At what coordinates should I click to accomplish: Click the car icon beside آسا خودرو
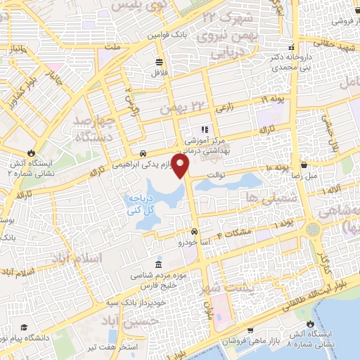195,231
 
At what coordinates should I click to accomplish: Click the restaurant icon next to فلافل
160,60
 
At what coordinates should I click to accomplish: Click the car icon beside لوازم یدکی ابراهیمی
143,153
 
